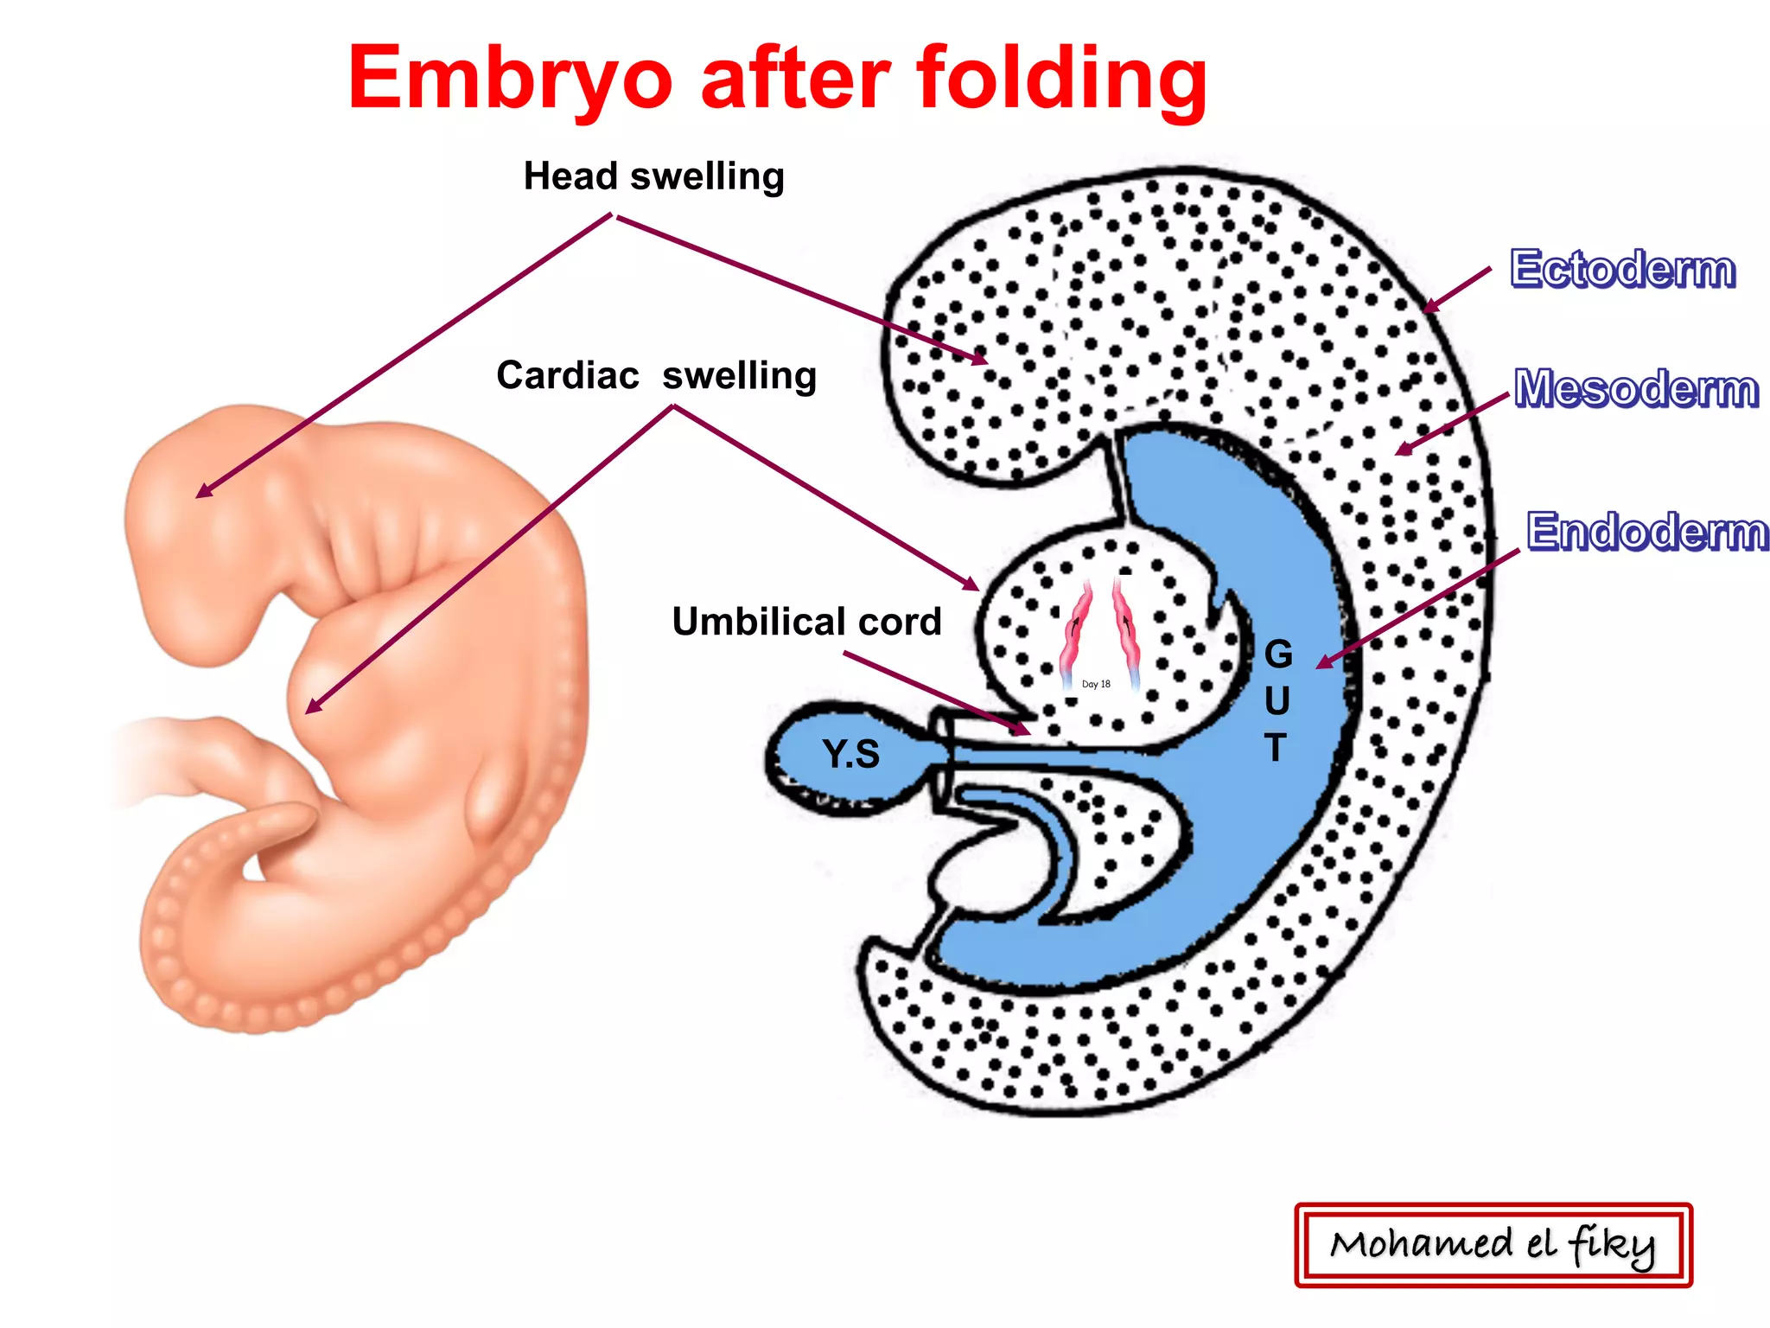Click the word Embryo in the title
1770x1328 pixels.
point(510,80)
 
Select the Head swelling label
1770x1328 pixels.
point(654,176)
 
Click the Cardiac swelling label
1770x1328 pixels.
point(656,376)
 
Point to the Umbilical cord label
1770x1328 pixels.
point(806,622)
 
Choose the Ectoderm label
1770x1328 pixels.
point(1622,269)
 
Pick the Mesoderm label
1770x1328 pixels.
point(1636,388)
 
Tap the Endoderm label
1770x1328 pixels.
point(1647,531)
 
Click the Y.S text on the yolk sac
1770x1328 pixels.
point(851,754)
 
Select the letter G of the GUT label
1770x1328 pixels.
point(1278,654)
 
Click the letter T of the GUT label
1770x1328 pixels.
point(1276,747)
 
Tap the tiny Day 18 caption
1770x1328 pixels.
point(1096,684)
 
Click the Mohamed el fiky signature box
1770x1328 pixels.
point(1493,1245)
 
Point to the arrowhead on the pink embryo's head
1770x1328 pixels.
point(201,494)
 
